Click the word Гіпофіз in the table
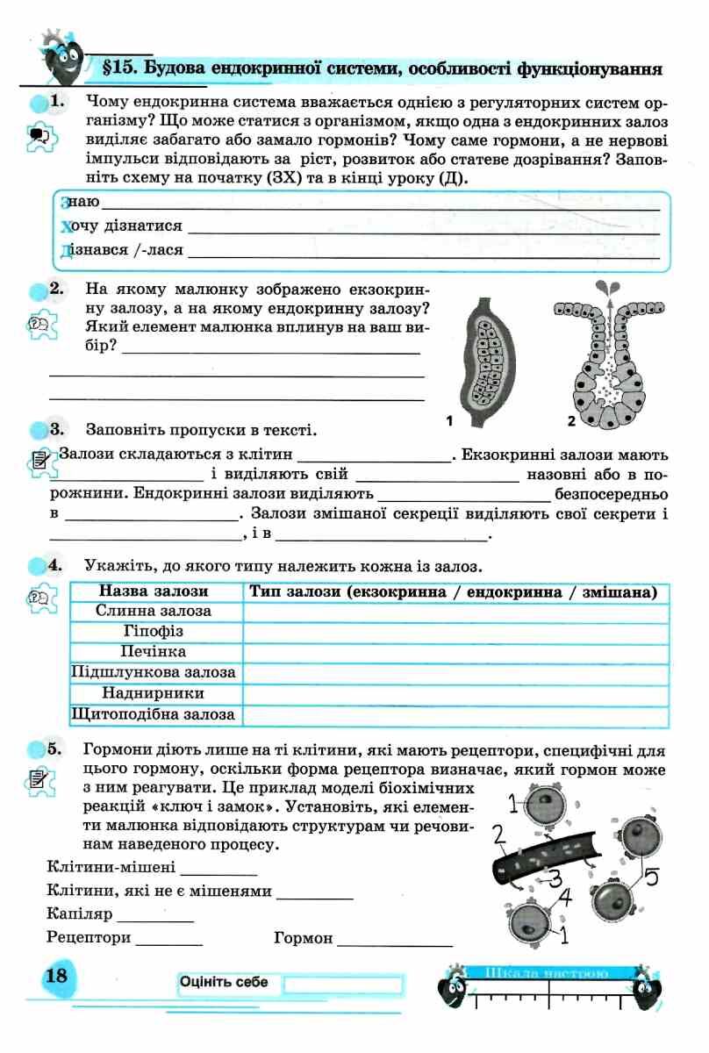tap(154, 631)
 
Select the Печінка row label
tap(154, 652)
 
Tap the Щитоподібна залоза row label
tap(154, 715)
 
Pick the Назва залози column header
tap(154, 592)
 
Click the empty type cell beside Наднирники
tap(455, 694)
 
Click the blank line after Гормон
tap(395, 943)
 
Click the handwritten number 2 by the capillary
tap(499, 834)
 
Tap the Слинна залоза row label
tap(154, 611)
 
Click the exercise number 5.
tap(56, 749)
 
